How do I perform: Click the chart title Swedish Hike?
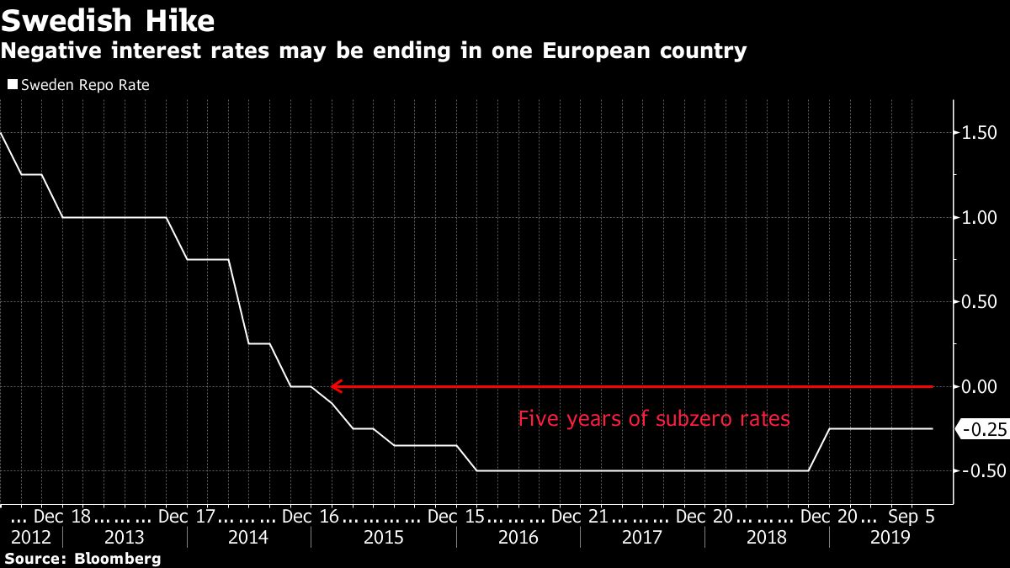(x=107, y=20)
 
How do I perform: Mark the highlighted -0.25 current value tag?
(x=983, y=429)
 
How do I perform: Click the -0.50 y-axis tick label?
(x=980, y=470)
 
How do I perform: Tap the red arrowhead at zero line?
(x=335, y=386)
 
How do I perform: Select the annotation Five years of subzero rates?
(x=654, y=418)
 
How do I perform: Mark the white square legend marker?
(x=12, y=85)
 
